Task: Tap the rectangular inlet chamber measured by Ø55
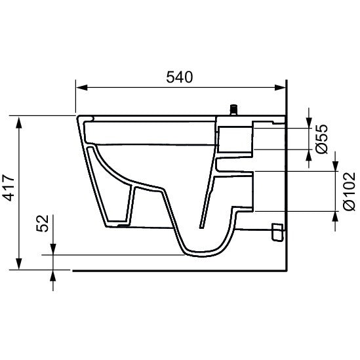tap(233, 138)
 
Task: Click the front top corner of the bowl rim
tap(79, 119)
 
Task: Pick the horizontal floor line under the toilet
tap(177, 270)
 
